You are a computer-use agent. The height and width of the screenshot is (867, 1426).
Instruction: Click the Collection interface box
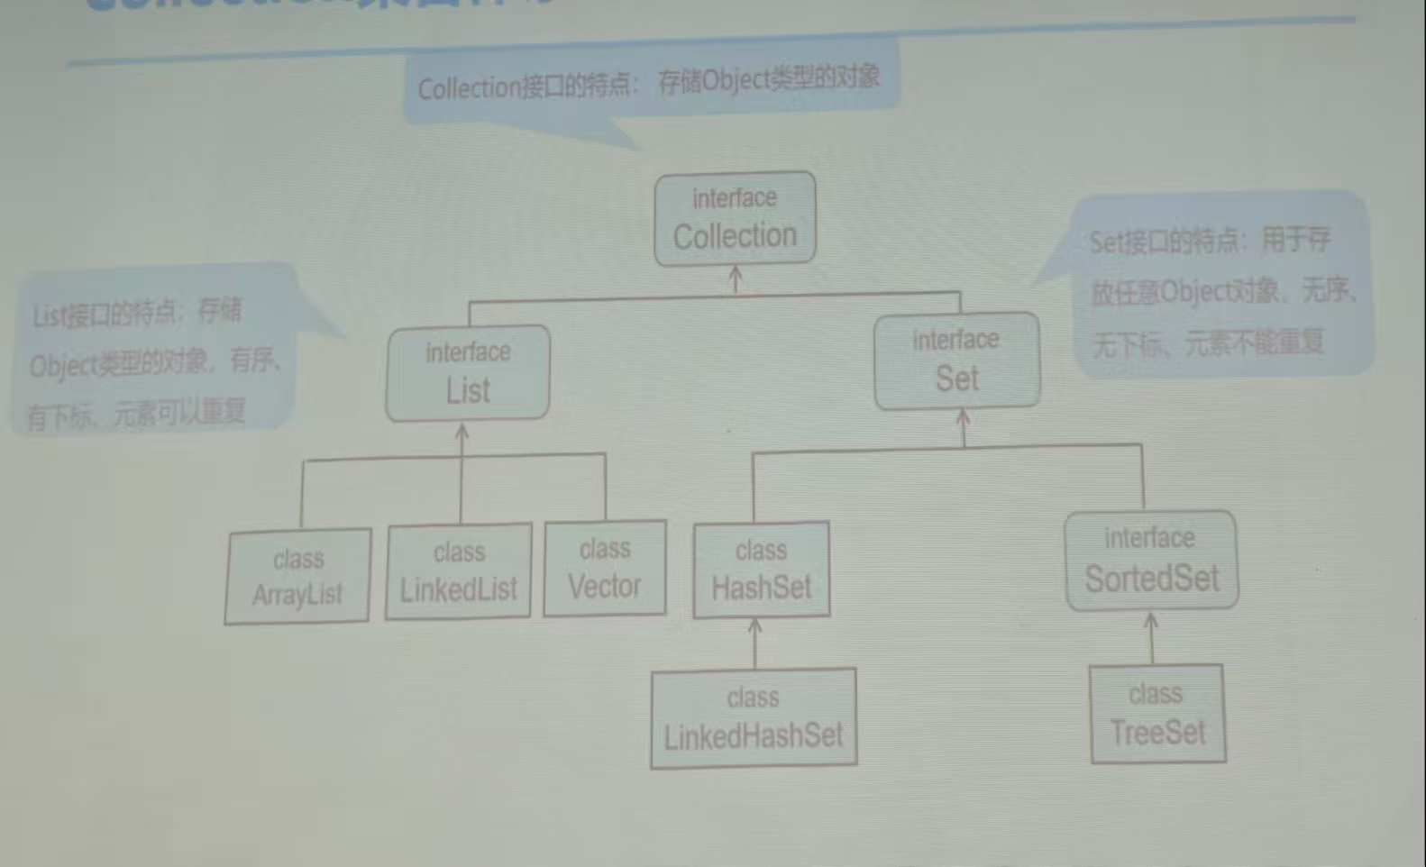tap(735, 219)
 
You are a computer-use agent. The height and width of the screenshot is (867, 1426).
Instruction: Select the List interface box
tap(468, 372)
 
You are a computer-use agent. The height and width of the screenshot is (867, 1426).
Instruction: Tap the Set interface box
tap(956, 360)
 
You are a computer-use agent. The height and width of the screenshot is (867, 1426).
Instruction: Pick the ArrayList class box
tap(297, 576)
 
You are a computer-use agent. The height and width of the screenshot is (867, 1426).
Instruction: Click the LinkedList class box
tap(459, 571)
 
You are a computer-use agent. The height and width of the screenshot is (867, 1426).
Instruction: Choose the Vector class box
tap(605, 568)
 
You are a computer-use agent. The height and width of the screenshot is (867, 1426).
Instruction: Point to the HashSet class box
tap(761, 570)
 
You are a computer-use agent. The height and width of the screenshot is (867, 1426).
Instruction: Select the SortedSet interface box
tap(1151, 561)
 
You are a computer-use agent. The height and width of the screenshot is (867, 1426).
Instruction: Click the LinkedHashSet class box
tap(754, 718)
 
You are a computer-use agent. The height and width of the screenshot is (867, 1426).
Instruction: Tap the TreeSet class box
tap(1157, 714)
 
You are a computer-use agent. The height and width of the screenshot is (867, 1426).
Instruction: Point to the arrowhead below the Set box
tap(963, 417)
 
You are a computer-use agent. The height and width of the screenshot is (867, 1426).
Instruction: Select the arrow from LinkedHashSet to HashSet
tap(755, 641)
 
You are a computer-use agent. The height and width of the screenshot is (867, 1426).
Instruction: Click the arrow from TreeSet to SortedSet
tap(1151, 636)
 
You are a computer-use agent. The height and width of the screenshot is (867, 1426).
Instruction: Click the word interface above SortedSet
tap(1149, 538)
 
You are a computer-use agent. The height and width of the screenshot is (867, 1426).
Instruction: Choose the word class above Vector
tap(605, 549)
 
